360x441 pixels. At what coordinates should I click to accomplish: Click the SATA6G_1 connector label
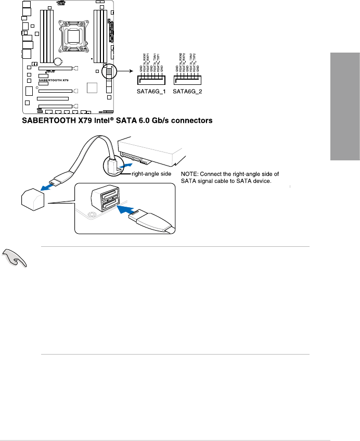pyautogui.click(x=151, y=91)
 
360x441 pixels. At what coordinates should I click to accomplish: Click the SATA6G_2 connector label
pyautogui.click(x=188, y=91)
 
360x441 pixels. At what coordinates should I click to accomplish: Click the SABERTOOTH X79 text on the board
pyautogui.click(x=53, y=80)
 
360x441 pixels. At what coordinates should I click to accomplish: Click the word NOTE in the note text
pyautogui.click(x=190, y=173)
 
